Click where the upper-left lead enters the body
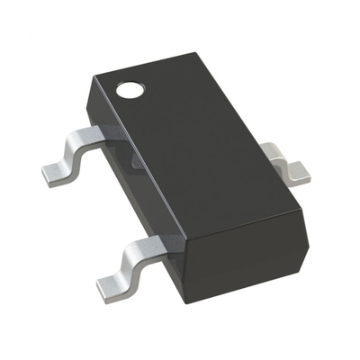[108, 135]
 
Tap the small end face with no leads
[238, 229]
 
